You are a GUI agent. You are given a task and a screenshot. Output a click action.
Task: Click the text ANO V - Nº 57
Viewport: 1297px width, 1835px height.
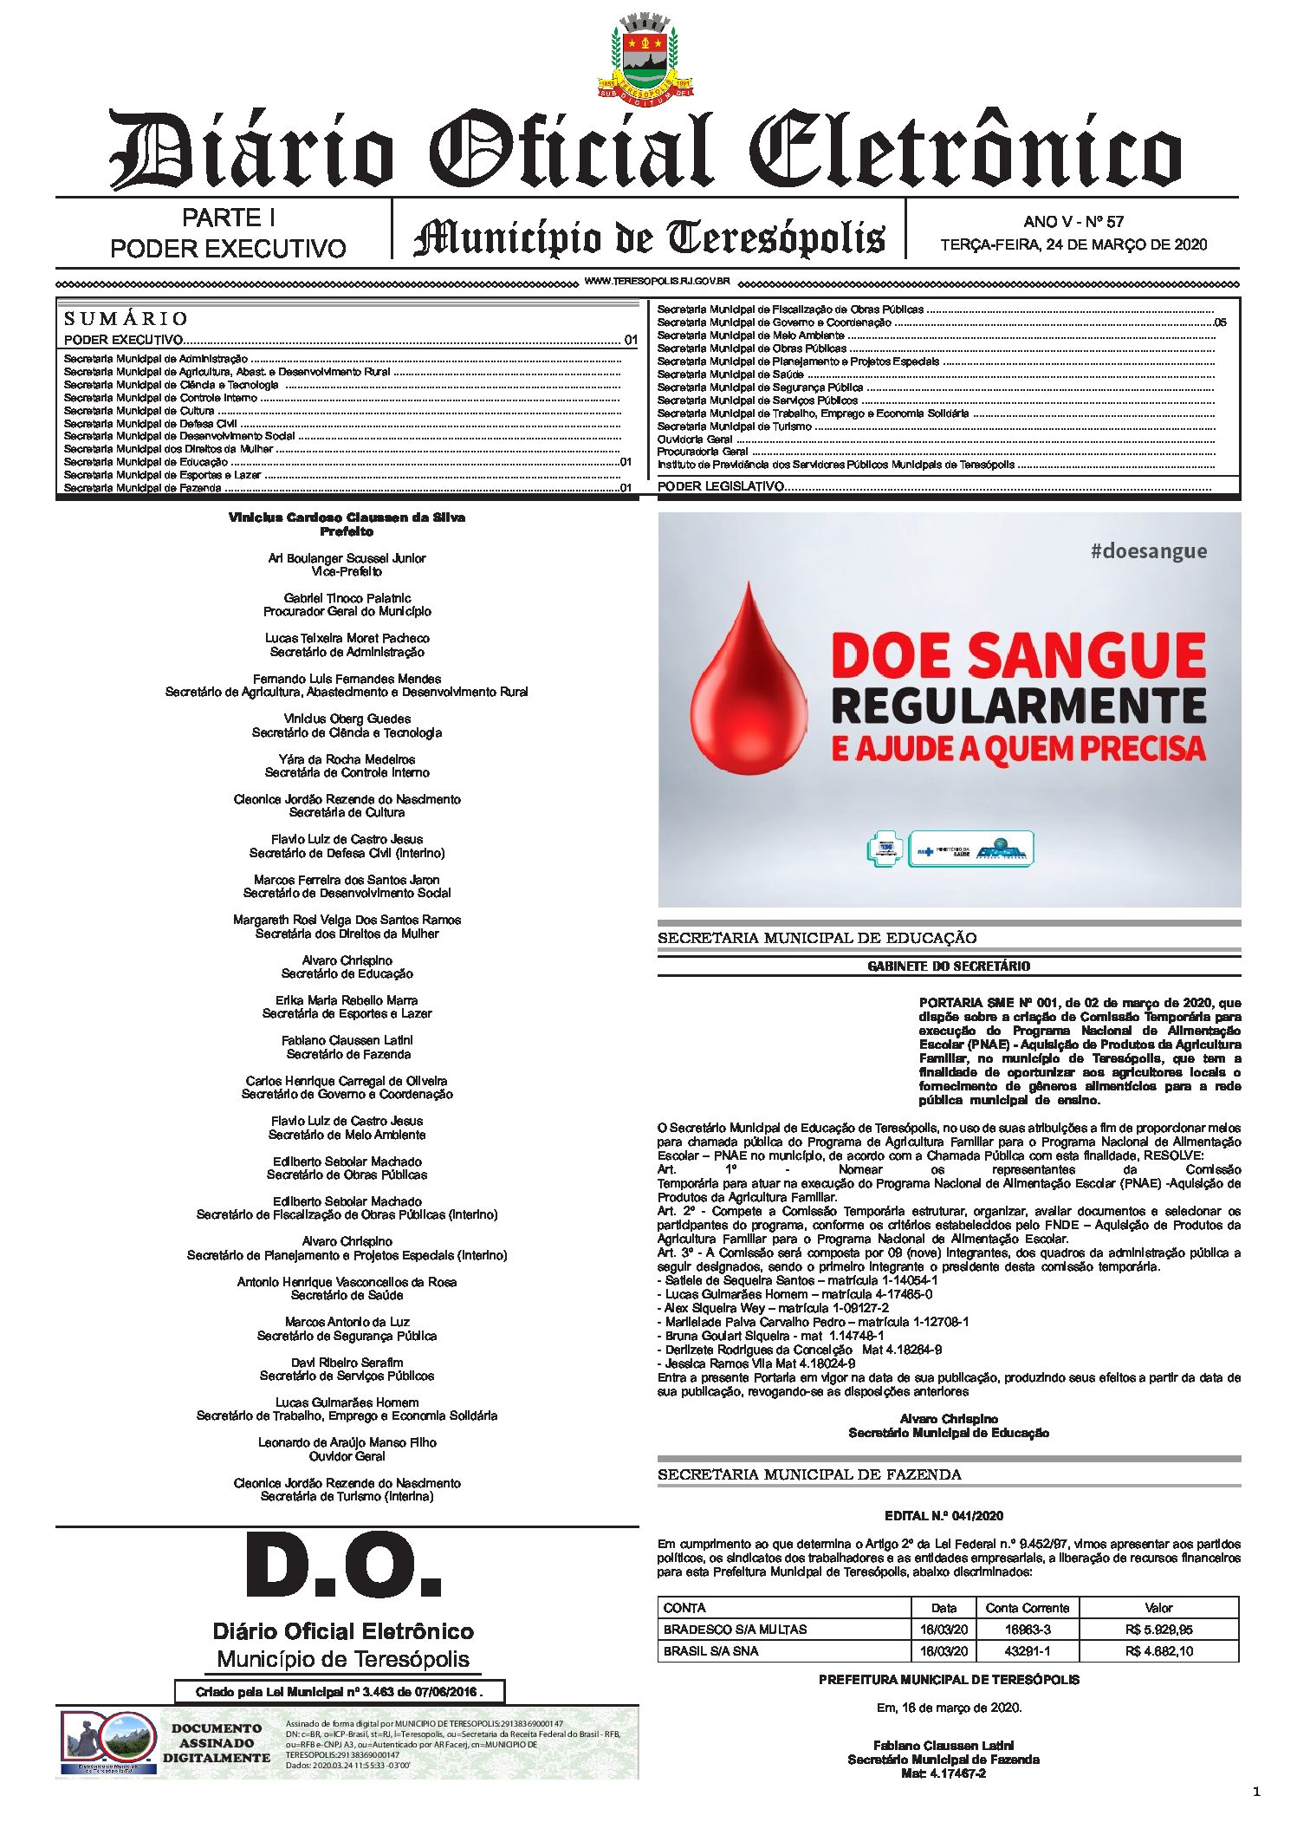click(x=1073, y=222)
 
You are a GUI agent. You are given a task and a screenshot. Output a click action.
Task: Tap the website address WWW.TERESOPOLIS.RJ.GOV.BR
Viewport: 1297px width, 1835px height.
click(x=658, y=282)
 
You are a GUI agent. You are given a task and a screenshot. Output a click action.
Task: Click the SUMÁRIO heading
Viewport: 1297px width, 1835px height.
click(x=126, y=318)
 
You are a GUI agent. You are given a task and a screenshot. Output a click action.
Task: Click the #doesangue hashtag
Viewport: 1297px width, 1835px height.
click(x=1148, y=551)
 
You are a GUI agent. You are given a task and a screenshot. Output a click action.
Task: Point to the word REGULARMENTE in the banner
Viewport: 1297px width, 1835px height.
click(x=1018, y=706)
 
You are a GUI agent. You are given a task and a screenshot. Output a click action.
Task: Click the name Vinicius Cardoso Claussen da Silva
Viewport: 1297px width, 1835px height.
click(x=347, y=517)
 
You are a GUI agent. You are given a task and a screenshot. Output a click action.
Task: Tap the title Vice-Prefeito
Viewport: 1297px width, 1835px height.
click(x=347, y=572)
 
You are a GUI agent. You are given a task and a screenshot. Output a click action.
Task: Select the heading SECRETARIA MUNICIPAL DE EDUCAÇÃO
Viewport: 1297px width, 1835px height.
click(x=816, y=938)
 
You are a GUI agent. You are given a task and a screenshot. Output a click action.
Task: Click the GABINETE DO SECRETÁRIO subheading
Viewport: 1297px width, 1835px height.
click(x=949, y=966)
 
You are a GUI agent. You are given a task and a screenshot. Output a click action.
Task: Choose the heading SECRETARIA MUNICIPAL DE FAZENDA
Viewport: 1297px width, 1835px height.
click(x=809, y=1474)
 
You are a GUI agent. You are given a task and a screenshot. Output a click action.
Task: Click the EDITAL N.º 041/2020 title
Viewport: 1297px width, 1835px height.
click(x=944, y=1515)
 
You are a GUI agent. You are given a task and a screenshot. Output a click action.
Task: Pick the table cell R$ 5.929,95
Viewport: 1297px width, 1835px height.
click(x=1158, y=1630)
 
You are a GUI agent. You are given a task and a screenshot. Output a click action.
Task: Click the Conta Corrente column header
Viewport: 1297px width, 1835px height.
click(x=1027, y=1608)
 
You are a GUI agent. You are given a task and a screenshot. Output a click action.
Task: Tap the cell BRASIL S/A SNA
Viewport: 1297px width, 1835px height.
click(x=710, y=1651)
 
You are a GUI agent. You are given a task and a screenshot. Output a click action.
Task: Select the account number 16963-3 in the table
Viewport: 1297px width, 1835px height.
click(x=1028, y=1630)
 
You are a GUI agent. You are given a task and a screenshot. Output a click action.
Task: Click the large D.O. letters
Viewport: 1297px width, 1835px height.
click(x=343, y=1567)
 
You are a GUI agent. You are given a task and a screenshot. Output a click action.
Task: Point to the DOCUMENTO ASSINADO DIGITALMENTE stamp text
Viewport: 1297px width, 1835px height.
click(x=216, y=1743)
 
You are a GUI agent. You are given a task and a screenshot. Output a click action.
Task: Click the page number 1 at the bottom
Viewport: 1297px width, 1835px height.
click(x=1256, y=1792)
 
